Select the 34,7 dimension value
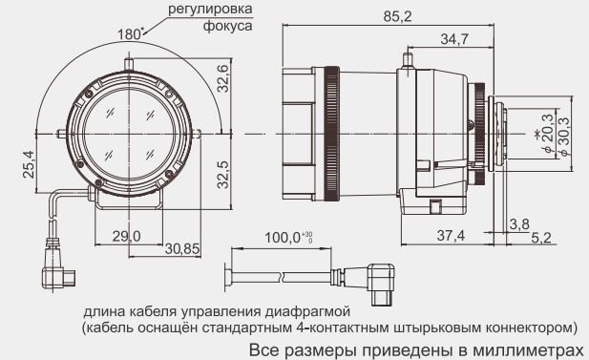tap(455, 38)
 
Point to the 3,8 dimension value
tap(519, 223)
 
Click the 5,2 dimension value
tap(540, 236)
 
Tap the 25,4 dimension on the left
tap(29, 163)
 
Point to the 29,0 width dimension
tap(126, 236)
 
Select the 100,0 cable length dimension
tap(284, 236)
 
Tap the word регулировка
tap(210, 11)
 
